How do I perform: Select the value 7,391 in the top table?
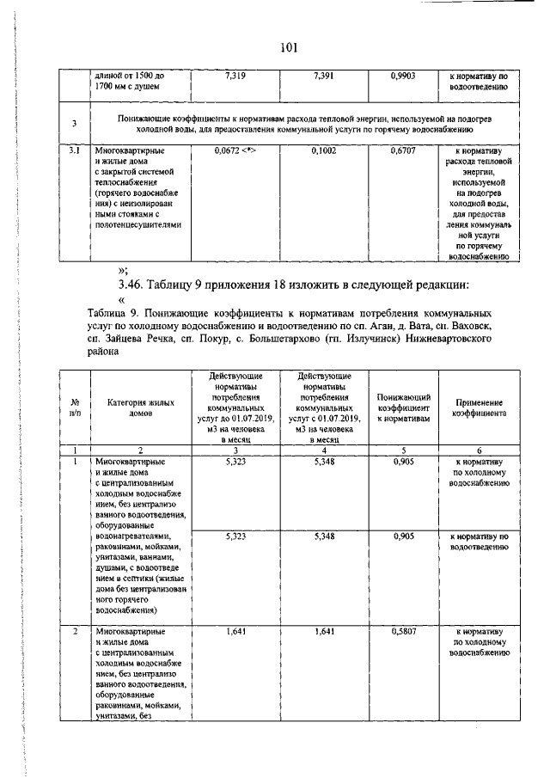pyautogui.click(x=319, y=76)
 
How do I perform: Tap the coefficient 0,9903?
pyautogui.click(x=401, y=76)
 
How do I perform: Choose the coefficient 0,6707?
pyautogui.click(x=401, y=150)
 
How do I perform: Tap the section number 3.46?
pyautogui.click(x=136, y=284)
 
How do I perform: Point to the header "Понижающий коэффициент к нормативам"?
pyautogui.click(x=401, y=407)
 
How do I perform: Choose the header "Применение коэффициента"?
pyautogui.click(x=480, y=407)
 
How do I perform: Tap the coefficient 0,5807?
pyautogui.click(x=401, y=632)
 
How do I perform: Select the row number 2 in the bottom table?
pyautogui.click(x=75, y=632)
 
